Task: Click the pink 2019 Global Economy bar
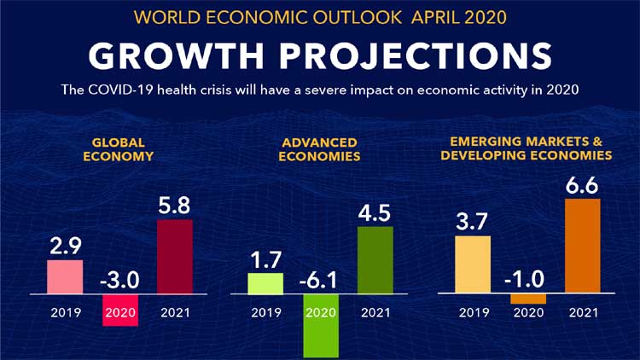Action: [x=65, y=276]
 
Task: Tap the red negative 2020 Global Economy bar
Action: [x=119, y=311]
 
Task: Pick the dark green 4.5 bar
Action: [x=375, y=259]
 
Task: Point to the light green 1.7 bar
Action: [x=265, y=283]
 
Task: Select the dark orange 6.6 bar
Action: [x=583, y=246]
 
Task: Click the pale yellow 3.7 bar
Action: [x=473, y=264]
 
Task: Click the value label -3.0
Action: [x=119, y=280]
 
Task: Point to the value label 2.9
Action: [x=65, y=247]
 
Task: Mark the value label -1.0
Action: [x=528, y=280]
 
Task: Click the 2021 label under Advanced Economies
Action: [x=375, y=312]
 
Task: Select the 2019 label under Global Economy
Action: [x=65, y=312]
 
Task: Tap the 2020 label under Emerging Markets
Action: [x=528, y=312]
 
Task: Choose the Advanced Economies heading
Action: [x=319, y=149]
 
